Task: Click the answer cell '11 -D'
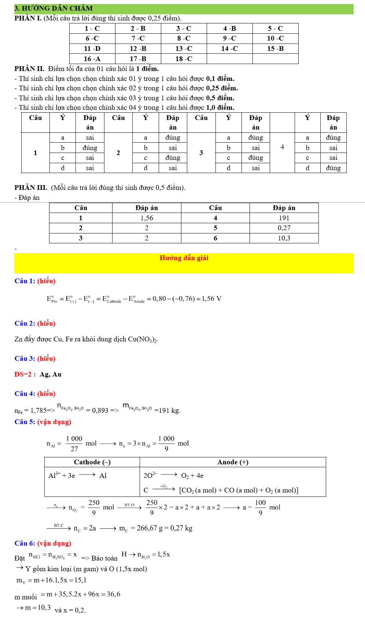coord(92,49)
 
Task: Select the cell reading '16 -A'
coord(92,59)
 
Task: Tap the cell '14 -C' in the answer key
coord(229,49)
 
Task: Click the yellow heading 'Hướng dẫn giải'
coord(184,258)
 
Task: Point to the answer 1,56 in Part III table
coord(147,218)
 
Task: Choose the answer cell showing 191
coord(284,218)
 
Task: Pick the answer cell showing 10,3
coord(284,238)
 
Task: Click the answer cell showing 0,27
coord(284,228)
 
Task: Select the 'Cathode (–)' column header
coord(92,462)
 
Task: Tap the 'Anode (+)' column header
coord(233,462)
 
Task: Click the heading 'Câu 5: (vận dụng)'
coord(43,422)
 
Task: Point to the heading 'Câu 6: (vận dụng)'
coord(43,543)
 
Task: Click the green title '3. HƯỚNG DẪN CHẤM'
coord(54,8)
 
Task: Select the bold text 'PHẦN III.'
coord(31,188)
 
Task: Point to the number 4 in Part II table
coord(282,147)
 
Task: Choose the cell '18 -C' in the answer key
coord(184,59)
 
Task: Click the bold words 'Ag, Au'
coord(51,374)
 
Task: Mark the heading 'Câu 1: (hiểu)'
coord(35,281)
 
